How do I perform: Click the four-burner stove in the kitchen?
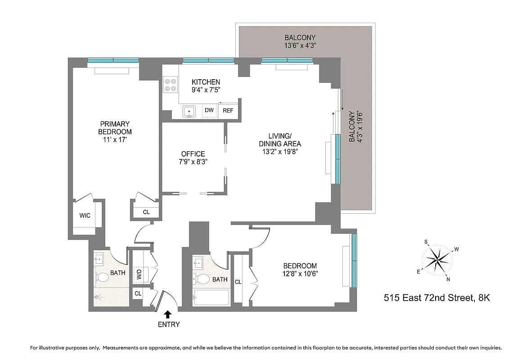click(x=171, y=85)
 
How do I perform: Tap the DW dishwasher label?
click(x=209, y=110)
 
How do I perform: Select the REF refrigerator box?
click(x=228, y=110)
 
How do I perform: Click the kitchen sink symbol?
click(x=189, y=111)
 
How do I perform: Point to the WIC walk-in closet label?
click(x=85, y=216)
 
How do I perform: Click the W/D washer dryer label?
click(x=139, y=274)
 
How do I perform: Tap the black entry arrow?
click(x=168, y=314)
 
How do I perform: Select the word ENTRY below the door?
click(x=168, y=324)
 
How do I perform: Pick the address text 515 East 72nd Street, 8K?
click(x=436, y=297)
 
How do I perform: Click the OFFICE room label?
click(x=193, y=153)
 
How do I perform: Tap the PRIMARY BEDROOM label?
click(x=115, y=128)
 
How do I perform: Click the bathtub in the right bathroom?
click(x=211, y=298)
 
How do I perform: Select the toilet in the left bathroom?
click(x=102, y=277)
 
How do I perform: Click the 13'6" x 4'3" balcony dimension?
click(x=300, y=45)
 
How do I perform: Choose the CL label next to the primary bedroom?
click(x=146, y=212)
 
